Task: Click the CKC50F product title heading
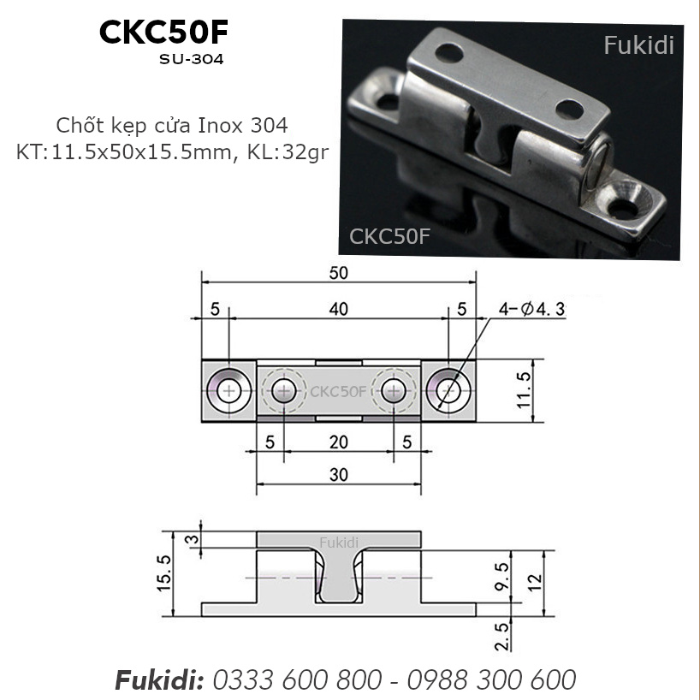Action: (x=163, y=32)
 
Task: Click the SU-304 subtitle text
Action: (x=191, y=61)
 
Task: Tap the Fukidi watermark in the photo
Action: (x=638, y=45)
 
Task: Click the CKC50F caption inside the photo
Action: (x=389, y=236)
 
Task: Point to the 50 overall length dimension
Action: (x=338, y=272)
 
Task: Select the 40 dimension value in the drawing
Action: (x=338, y=310)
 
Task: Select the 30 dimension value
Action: (x=338, y=475)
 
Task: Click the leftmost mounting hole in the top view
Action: (x=228, y=391)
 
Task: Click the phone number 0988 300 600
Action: (x=491, y=679)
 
